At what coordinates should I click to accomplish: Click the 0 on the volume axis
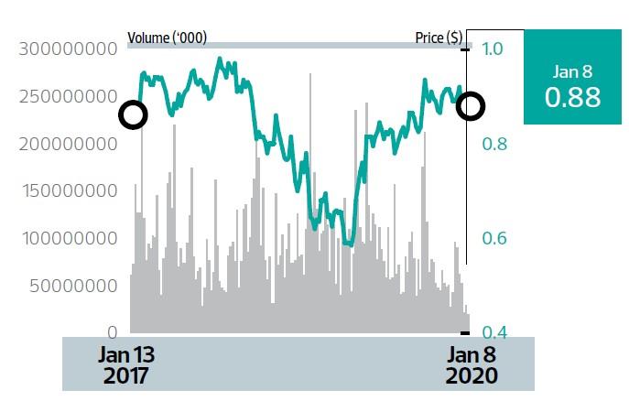click(112, 332)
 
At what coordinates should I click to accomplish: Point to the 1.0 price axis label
click(492, 49)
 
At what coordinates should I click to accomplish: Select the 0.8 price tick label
click(492, 144)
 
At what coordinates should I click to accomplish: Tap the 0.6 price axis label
click(492, 238)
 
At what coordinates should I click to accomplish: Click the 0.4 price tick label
click(492, 332)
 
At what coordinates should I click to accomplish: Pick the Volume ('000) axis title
click(167, 38)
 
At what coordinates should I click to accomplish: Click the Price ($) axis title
click(439, 38)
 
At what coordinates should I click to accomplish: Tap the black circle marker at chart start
click(133, 115)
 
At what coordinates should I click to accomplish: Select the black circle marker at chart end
click(471, 106)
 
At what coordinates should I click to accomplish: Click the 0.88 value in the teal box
click(572, 97)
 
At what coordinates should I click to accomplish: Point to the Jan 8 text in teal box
click(573, 71)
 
